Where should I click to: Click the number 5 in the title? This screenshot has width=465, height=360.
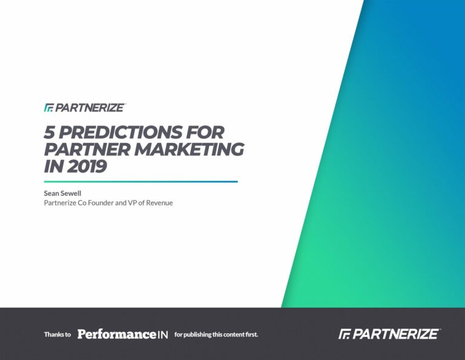pos(49,132)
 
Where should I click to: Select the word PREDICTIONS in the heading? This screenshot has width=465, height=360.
pos(120,132)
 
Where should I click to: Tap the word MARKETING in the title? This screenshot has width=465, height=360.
pos(189,149)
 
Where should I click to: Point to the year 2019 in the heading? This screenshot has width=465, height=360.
pos(87,166)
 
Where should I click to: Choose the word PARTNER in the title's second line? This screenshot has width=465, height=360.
pos(87,149)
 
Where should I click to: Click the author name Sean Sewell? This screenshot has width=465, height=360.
pos(62,193)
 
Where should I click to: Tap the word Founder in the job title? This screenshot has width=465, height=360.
pos(101,202)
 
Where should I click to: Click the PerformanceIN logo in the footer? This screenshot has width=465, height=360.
pos(123,334)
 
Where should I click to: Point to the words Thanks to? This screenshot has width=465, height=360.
pos(58,335)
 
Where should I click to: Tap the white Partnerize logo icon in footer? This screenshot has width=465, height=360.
pos(345,334)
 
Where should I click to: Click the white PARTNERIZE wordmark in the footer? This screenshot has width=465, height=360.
pos(395,334)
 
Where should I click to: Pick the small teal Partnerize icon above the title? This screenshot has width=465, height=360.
pos(48,108)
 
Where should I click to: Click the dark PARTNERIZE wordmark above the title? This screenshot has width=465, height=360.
pos(90,107)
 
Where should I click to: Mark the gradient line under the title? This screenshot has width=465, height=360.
pos(141,182)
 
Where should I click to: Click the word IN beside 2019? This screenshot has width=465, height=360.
pos(53,166)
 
